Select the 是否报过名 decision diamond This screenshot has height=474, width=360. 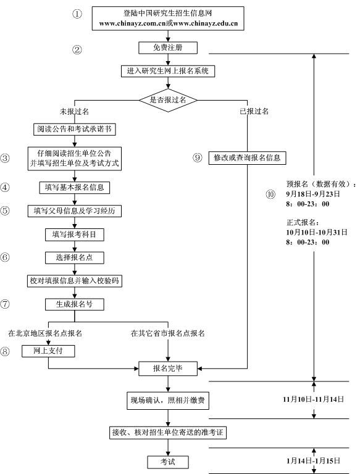tap(168, 99)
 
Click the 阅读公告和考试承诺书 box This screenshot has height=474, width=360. tap(74, 130)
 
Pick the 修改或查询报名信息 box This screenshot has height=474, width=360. tap(247, 157)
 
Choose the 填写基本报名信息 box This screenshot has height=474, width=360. tap(74, 187)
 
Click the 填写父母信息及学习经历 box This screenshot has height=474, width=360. tap(74, 210)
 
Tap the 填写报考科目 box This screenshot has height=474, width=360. tap(74, 234)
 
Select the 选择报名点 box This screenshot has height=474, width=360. tap(74, 257)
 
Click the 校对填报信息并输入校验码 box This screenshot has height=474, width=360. tap(74, 281)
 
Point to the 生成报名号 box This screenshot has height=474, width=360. tap(74, 304)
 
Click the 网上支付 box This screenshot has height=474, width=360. tap(48, 351)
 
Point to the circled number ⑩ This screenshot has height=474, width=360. tap(270, 194)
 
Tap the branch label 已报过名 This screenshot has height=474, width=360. tap(254, 112)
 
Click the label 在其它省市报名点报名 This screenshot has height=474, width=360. tap(167, 333)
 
